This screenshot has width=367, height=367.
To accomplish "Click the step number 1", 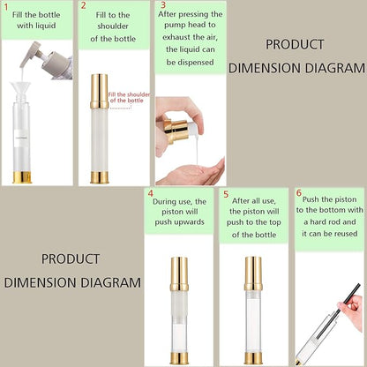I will click(7, 7).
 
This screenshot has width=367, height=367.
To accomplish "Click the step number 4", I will click(151, 193).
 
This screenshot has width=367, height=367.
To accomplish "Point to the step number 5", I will click(227, 193).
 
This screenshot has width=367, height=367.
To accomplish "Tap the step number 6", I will click(299, 193).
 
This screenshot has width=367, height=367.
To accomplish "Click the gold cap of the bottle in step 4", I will click(179, 274).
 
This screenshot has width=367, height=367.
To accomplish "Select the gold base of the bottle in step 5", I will click(254, 358).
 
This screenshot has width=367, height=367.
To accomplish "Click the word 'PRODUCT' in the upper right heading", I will click(296, 45).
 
